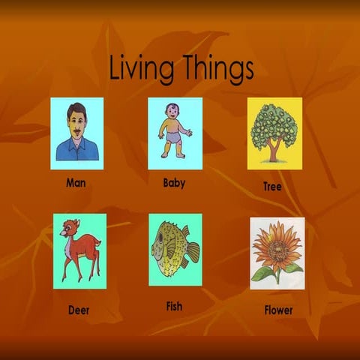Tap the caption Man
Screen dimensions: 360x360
pyautogui.click(x=76, y=182)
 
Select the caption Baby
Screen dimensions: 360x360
pyautogui.click(x=174, y=182)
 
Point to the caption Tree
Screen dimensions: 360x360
pyautogui.click(x=272, y=186)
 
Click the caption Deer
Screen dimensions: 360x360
pyautogui.click(x=79, y=309)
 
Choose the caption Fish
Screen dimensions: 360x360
pyautogui.click(x=174, y=306)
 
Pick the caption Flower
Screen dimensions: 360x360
pyautogui.click(x=278, y=309)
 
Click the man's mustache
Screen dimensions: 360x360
pyautogui.click(x=76, y=132)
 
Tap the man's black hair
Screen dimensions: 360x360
pyautogui.click(x=76, y=109)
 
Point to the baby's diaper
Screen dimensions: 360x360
pyautogui.click(x=172, y=135)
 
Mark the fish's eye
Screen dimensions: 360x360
pyautogui.click(x=160, y=235)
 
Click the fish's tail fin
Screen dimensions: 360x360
pyautogui.click(x=193, y=252)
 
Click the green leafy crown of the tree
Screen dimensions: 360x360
pyautogui.click(x=274, y=124)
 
